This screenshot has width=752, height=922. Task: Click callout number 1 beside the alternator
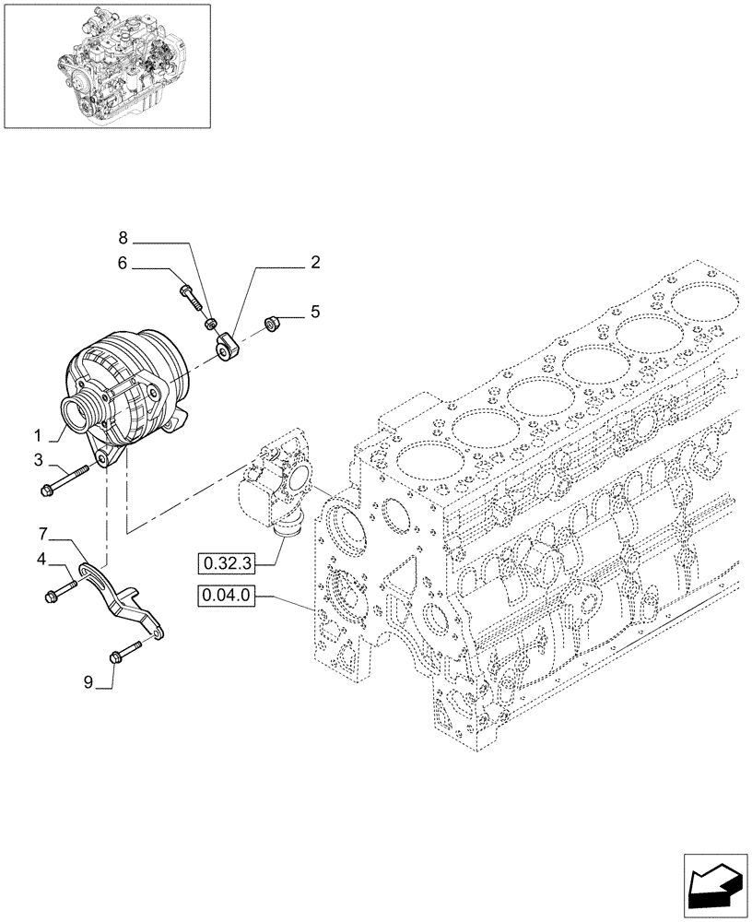point(39,433)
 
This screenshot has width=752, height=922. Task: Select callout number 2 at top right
point(315,263)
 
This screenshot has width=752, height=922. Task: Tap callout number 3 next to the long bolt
point(39,459)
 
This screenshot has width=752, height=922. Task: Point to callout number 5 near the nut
point(315,313)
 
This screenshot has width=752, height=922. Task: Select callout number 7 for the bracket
point(42,533)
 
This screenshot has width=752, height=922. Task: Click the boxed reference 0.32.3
point(225,560)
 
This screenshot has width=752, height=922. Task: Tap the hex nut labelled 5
point(273,323)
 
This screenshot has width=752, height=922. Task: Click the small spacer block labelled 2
point(228,348)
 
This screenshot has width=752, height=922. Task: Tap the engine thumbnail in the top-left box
point(107,65)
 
